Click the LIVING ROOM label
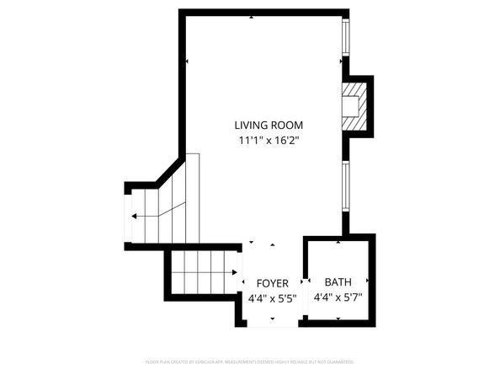click(269, 126)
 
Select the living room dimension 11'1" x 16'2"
click(269, 141)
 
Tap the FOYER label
click(273, 283)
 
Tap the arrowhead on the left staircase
click(135, 217)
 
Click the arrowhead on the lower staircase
click(233, 272)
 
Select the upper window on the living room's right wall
click(344, 39)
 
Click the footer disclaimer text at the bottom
click(249, 362)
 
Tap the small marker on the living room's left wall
click(186, 62)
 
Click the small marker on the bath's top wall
click(338, 242)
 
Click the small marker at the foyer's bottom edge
click(273, 319)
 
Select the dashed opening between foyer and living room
click(273, 244)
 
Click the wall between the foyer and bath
click(304, 282)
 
